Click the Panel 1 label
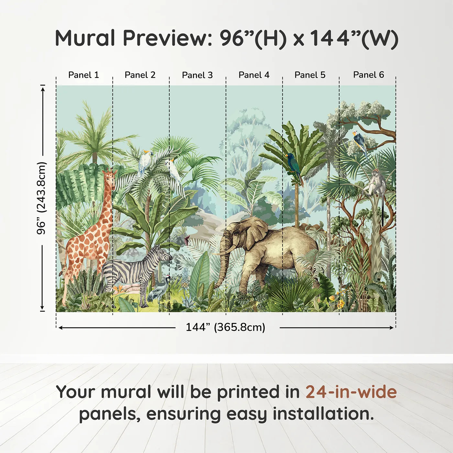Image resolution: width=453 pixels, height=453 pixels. [x=83, y=75]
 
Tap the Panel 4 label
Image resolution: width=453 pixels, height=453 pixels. [x=254, y=75]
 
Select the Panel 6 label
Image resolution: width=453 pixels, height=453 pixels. [x=368, y=75]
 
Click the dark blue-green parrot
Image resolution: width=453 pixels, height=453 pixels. [x=294, y=167]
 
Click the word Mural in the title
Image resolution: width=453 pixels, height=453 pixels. [x=85, y=38]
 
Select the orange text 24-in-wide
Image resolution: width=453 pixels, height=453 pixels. [x=351, y=392]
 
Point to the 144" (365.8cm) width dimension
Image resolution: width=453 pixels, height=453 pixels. [x=226, y=327]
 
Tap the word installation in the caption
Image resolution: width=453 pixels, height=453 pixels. [x=323, y=414]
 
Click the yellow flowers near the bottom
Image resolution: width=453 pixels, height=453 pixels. [x=337, y=301]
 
